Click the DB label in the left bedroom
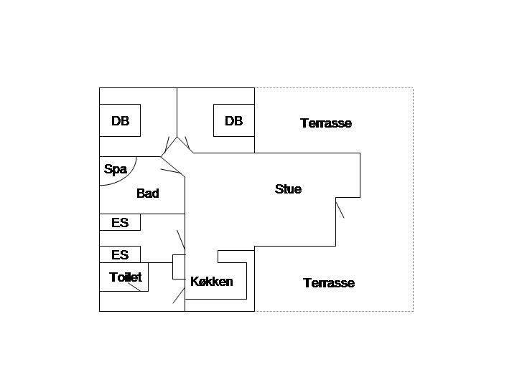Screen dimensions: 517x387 [121, 121]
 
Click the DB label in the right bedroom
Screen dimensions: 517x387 [234, 121]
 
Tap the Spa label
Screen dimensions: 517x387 [116, 169]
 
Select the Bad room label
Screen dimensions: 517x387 [148, 193]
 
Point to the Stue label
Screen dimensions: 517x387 [288, 189]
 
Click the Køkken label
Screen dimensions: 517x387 [212, 282]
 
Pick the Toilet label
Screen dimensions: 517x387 [126, 277]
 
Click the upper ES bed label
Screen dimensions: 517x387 [120, 223]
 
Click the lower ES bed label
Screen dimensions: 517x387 [120, 254]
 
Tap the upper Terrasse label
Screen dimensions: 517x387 [326, 123]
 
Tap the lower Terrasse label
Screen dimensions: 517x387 [329, 282]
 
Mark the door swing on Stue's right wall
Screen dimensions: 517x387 [340, 209]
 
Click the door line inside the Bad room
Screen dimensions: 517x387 [171, 171]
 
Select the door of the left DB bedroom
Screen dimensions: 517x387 [166, 145]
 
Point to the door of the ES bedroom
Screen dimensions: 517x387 [181, 239]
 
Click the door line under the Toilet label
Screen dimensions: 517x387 [134, 287]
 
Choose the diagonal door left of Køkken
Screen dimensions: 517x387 [179, 295]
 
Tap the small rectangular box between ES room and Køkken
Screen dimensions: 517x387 [179, 267]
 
